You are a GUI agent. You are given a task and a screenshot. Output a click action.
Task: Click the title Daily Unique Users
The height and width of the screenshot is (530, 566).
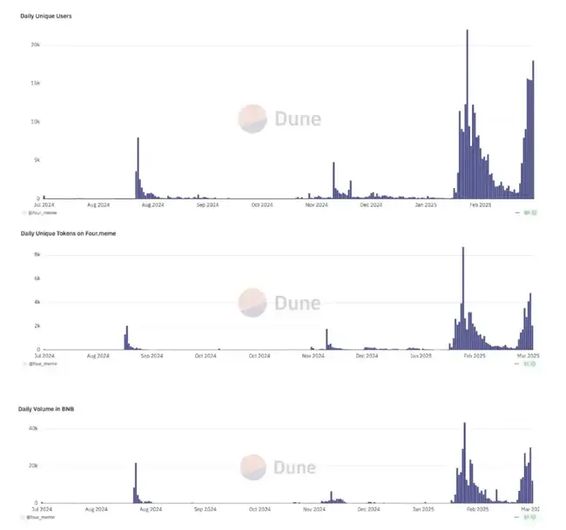(46, 17)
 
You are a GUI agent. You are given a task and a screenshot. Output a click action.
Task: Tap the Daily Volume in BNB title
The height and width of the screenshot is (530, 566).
(48, 408)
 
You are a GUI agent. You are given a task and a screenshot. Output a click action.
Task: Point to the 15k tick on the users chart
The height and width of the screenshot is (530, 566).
(35, 83)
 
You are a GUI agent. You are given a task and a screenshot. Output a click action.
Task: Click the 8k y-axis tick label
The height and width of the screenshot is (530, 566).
(37, 254)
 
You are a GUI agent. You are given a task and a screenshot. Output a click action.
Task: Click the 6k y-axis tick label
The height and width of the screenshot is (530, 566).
(37, 278)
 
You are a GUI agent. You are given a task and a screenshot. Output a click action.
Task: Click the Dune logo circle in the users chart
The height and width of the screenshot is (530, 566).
(253, 118)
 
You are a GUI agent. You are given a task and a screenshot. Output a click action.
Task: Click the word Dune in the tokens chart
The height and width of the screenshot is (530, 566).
(298, 303)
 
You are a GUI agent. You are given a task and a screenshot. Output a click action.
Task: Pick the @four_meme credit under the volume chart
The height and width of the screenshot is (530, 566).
(43, 518)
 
